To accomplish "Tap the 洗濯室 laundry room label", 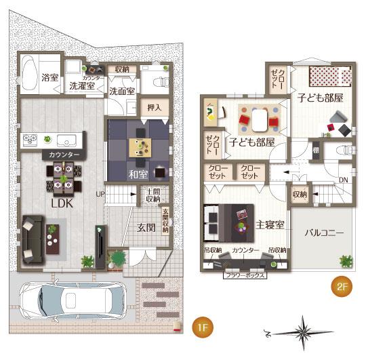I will tap(81, 87).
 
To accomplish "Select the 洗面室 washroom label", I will tap(123, 91).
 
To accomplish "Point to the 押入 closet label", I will tap(155, 107).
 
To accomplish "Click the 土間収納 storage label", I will tap(152, 195).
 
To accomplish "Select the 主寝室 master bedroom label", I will tap(269, 224).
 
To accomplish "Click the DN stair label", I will tap(344, 180).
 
